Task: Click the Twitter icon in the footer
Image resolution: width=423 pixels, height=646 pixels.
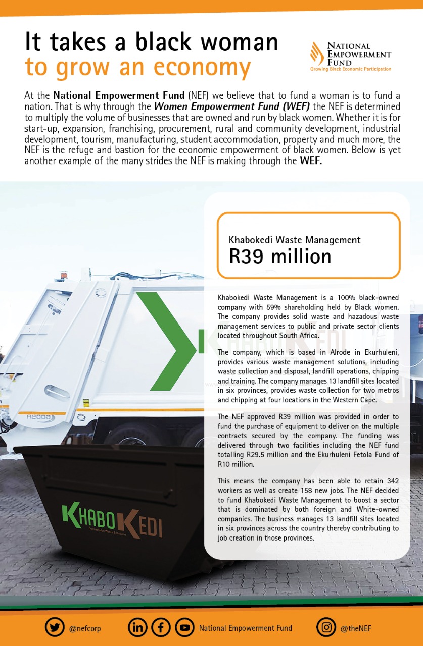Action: [x=55, y=627]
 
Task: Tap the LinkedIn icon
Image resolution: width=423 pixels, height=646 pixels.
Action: [x=137, y=627]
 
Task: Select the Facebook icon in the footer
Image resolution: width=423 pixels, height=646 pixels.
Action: [x=161, y=627]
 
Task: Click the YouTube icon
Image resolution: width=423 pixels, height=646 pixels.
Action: [x=184, y=627]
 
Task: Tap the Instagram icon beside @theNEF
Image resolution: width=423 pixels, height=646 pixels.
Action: [x=326, y=627]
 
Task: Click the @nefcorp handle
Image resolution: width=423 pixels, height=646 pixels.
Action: [x=85, y=628]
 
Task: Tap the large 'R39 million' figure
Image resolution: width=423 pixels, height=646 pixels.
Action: [x=280, y=256]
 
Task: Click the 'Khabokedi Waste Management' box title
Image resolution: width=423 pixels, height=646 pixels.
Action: [x=295, y=240]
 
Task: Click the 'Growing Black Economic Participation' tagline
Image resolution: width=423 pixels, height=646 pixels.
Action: [x=350, y=69]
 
